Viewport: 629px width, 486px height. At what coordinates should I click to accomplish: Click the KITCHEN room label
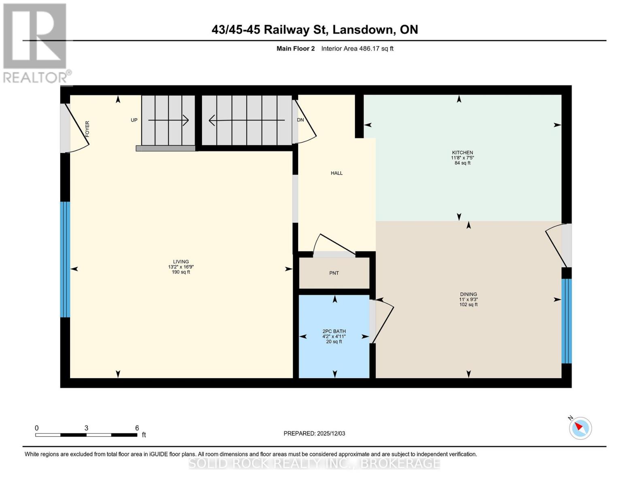tap(462, 153)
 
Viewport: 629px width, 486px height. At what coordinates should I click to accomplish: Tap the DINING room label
tap(468, 294)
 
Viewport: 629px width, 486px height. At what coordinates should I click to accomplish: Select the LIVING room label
tap(181, 262)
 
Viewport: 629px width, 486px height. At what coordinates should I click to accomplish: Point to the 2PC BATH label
tap(334, 331)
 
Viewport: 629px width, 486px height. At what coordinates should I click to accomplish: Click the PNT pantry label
tap(334, 273)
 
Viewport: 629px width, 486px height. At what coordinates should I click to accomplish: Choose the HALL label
tap(337, 173)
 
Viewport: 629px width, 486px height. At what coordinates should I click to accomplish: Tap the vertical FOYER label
tap(87, 128)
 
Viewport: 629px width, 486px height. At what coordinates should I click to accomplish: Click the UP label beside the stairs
tap(134, 120)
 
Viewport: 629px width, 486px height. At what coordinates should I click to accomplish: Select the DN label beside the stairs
tap(300, 120)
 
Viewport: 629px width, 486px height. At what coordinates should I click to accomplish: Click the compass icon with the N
tap(580, 428)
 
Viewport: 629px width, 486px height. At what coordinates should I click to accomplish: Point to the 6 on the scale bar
tap(137, 428)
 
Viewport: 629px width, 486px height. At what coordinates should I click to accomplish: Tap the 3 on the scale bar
tap(86, 428)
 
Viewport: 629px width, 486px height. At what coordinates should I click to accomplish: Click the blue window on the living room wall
tap(65, 259)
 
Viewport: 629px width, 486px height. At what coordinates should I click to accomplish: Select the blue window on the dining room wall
tap(566, 321)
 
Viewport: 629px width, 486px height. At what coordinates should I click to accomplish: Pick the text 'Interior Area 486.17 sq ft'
tap(357, 49)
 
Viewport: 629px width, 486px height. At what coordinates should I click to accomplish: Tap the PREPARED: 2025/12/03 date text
tap(314, 433)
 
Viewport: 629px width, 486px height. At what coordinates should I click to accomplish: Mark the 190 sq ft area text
tap(181, 272)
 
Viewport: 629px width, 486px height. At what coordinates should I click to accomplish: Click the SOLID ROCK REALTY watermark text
tap(314, 463)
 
